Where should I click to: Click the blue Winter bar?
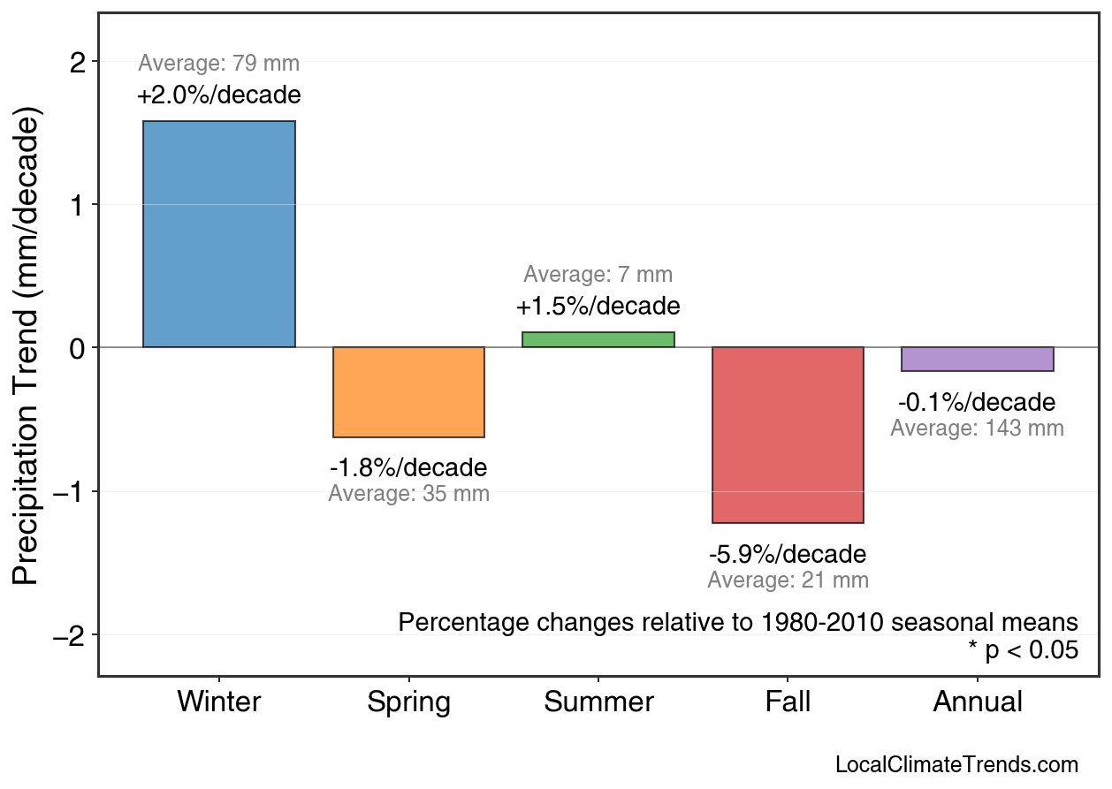point(219,234)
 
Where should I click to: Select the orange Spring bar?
point(408,392)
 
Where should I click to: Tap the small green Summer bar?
point(598,339)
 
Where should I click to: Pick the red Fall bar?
point(788,435)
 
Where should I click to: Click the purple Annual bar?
point(978,359)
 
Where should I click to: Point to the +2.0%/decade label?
point(219,95)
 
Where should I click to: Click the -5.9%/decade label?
point(788,555)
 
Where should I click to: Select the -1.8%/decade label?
point(408,467)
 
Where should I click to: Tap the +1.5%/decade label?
point(598,307)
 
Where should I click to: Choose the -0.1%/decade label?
point(977,403)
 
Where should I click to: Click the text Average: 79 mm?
point(219,64)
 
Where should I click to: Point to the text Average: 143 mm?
point(977,429)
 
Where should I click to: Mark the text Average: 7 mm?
point(598,275)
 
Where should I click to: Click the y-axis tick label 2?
point(79,62)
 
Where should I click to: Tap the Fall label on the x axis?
point(788,702)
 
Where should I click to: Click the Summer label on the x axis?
point(598,702)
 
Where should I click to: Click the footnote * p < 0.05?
point(1023,650)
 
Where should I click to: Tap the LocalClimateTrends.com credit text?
point(956,765)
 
